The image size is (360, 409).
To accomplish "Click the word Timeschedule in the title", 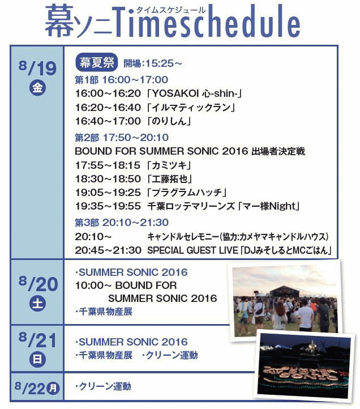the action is pos(207,22).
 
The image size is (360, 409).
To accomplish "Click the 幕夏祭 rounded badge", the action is pos(96,63).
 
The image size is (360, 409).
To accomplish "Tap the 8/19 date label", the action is pos(37,68).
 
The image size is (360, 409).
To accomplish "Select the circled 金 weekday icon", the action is pos(37,88).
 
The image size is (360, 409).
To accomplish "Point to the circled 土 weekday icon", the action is pos(37,304).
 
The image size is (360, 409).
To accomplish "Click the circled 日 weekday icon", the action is pos(37,360).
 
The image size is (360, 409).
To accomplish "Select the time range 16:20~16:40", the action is pos(108,107).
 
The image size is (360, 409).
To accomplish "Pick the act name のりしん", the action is pos(169,121).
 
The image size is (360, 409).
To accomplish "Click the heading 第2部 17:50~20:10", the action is pos(122,138).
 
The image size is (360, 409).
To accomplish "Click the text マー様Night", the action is pos(268,206).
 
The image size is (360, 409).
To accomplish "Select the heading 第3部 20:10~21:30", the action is pos(122,223).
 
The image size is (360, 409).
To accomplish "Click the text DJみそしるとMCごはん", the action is pos(285,250).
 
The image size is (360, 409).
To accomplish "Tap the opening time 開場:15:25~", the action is pos(153,63).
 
